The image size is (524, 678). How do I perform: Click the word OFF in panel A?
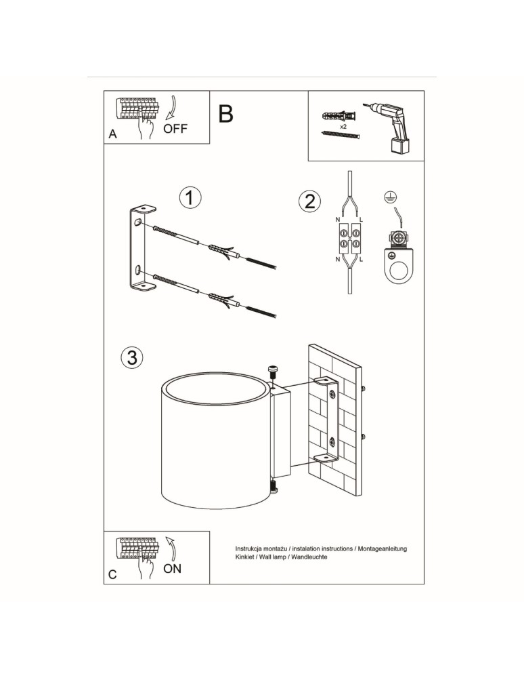175,129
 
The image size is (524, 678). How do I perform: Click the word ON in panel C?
172,568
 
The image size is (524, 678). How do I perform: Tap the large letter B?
226,114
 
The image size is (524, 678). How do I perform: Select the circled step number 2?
309,201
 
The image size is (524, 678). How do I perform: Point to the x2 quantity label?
343,126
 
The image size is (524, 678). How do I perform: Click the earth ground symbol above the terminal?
389,197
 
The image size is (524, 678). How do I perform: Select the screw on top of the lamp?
273,371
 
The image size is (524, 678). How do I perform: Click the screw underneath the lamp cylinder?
273,486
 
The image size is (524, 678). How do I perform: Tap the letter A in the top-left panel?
113,135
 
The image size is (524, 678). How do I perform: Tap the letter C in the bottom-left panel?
113,575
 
